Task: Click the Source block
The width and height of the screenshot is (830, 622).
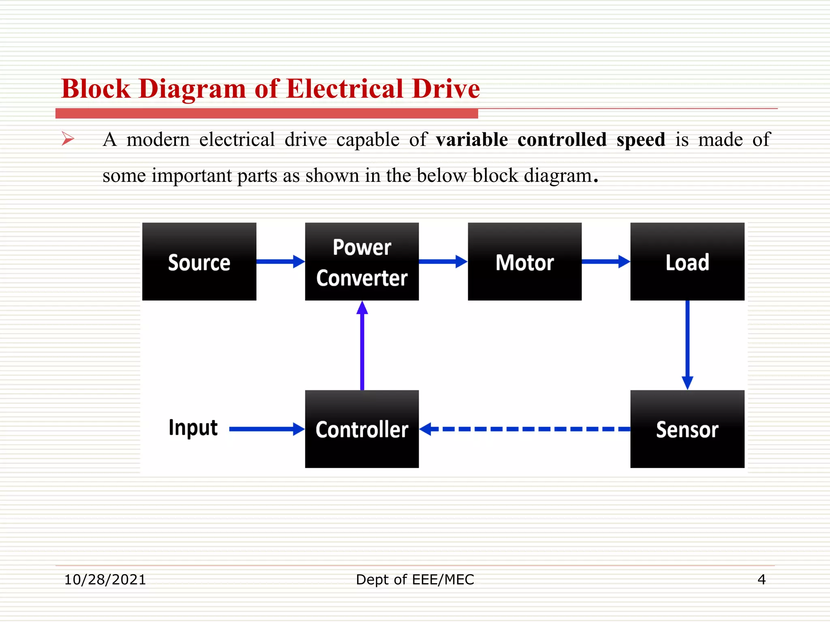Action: pyautogui.click(x=199, y=262)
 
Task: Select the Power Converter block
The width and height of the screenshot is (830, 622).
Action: pyautogui.click(x=362, y=262)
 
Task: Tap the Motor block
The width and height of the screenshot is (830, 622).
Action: pyautogui.click(x=524, y=262)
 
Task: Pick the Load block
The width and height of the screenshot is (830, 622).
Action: pyautogui.click(x=687, y=262)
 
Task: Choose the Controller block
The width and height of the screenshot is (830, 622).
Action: pyautogui.click(x=362, y=429)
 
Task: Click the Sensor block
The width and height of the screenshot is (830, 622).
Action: pyautogui.click(x=687, y=429)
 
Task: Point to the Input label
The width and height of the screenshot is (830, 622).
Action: pyautogui.click(x=193, y=428)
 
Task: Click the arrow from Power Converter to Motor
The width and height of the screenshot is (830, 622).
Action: pyautogui.click(x=443, y=262)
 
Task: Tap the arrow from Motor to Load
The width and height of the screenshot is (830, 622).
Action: pyautogui.click(x=606, y=262)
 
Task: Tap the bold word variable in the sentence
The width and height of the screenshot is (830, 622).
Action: pyautogui.click(x=472, y=140)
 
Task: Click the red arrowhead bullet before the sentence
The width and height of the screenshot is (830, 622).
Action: pyautogui.click(x=68, y=139)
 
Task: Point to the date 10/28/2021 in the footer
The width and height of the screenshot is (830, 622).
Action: pyautogui.click(x=105, y=579)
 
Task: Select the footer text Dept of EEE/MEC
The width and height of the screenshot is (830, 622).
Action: pyautogui.click(x=415, y=579)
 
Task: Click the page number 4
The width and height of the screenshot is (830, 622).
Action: pyautogui.click(x=762, y=579)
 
